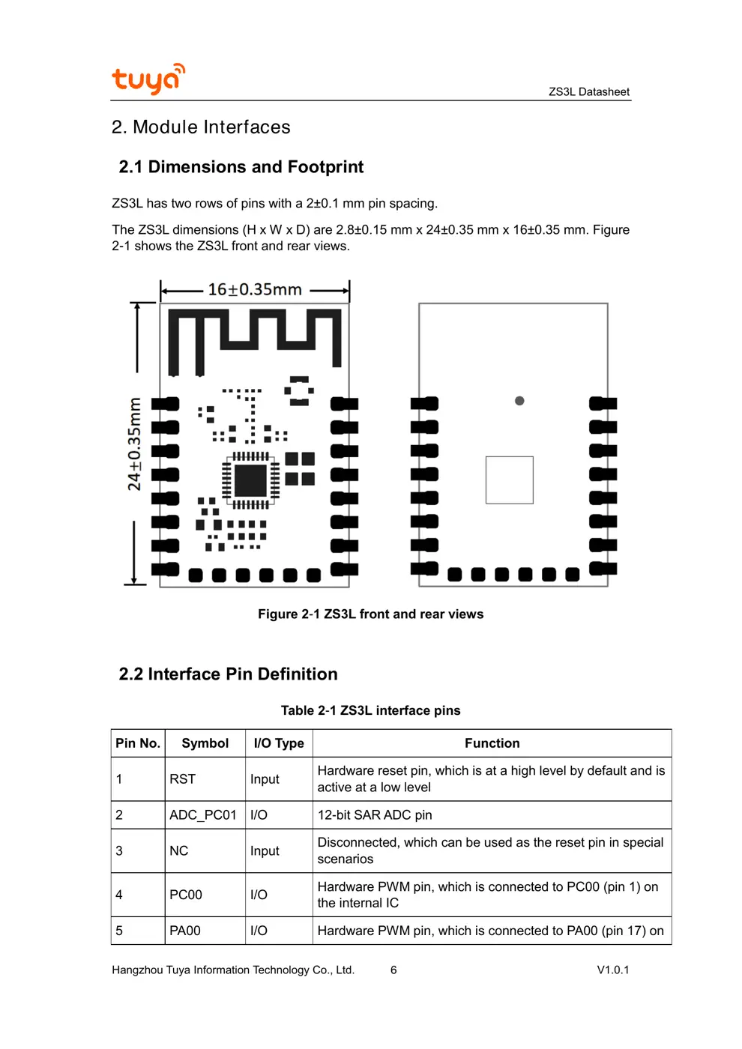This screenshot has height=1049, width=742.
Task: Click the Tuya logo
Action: coord(148,79)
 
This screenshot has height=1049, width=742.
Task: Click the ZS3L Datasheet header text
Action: coord(588,91)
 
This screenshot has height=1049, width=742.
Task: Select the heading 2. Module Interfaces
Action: coord(200,127)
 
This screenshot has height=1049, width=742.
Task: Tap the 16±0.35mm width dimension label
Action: coord(255,290)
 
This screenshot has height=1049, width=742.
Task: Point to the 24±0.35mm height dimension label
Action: coord(134,444)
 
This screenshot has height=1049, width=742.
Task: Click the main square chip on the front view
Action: coord(250,480)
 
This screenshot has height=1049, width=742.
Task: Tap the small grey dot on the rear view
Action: coord(519,401)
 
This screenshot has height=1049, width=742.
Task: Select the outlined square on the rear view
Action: coord(510,480)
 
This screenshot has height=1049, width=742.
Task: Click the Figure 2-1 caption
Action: coord(370,614)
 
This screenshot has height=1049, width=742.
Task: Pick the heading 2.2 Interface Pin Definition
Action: coord(228,674)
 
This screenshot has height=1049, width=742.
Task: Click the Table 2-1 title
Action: coord(370,710)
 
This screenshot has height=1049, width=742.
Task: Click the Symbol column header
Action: coord(205,743)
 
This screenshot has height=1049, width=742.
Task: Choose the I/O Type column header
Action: coord(279,743)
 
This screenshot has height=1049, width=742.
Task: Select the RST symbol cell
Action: coord(182,779)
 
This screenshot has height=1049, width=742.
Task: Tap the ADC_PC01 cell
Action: coord(202,815)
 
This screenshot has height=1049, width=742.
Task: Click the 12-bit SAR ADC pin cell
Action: coord(375,815)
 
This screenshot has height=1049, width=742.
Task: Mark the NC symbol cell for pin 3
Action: coord(178,851)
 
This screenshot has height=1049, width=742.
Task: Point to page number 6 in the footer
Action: coord(393,970)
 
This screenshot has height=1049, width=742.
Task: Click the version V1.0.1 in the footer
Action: coord(612,970)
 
